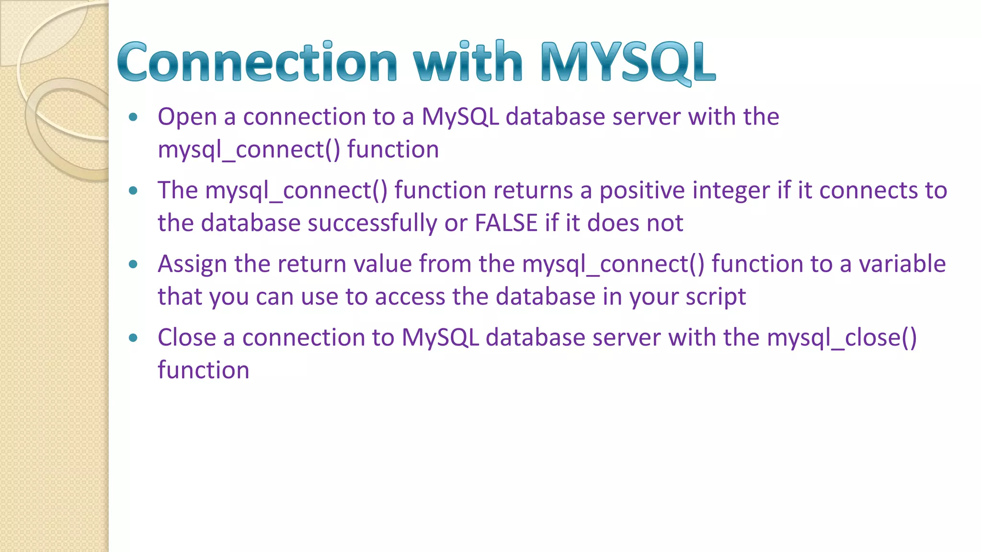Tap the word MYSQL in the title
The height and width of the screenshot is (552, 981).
(628, 62)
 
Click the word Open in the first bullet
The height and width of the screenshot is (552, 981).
(187, 117)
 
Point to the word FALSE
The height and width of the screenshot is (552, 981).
(506, 223)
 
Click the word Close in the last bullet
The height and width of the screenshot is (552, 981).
(187, 337)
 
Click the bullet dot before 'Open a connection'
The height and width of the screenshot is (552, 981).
(133, 117)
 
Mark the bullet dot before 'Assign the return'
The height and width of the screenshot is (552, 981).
(133, 264)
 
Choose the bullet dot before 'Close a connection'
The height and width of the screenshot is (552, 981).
(133, 338)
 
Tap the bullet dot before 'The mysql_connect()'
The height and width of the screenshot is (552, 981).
(133, 191)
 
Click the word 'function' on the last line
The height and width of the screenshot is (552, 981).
(204, 370)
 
